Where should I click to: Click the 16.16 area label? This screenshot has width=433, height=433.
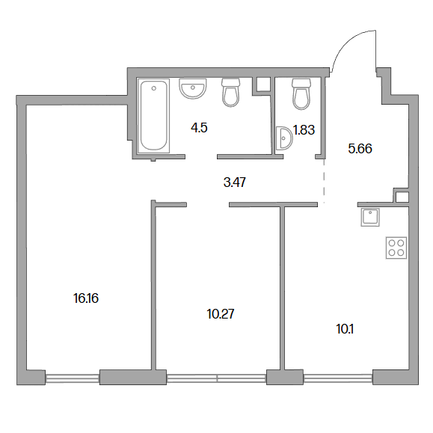[86, 298]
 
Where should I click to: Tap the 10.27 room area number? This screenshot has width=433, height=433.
[221, 314]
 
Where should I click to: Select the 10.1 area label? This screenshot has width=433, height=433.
[345, 329]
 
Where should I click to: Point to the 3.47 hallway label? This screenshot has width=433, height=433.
[235, 182]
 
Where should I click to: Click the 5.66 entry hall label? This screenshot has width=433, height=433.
[360, 149]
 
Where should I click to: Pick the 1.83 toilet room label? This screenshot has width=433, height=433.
[304, 130]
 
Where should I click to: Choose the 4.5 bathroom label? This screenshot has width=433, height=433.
[199, 128]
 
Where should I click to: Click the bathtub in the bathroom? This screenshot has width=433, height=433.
[154, 116]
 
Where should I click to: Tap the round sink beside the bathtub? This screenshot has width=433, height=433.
[193, 88]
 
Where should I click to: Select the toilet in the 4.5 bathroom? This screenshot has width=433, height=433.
[230, 92]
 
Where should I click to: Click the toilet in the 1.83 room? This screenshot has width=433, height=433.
[301, 94]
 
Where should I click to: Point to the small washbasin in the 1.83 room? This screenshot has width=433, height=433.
[284, 138]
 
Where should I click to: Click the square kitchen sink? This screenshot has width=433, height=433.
[370, 218]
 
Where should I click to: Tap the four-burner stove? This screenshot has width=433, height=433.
[396, 248]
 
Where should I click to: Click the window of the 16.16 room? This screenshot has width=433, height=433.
[72, 378]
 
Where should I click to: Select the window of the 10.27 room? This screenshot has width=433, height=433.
[217, 378]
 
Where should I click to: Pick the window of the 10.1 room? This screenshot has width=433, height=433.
[338, 378]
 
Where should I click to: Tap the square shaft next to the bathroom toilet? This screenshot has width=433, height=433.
[262, 84]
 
